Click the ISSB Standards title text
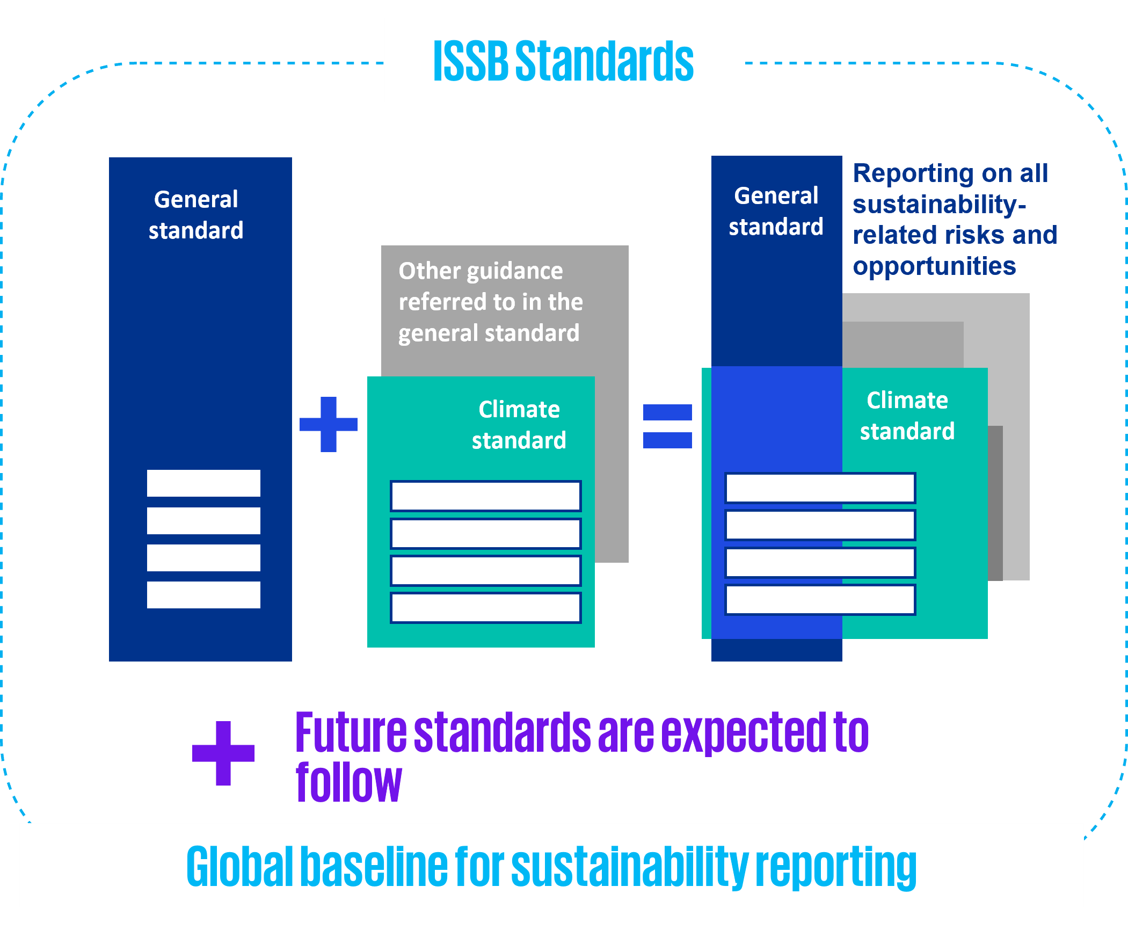point(563,61)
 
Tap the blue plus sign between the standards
point(329,424)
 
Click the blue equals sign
point(667,426)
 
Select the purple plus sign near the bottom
point(223,753)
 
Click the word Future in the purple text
point(351,733)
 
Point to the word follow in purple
point(348,782)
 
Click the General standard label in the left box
point(196,215)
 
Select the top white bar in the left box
point(203,483)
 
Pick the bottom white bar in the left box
point(203,595)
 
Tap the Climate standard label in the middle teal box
point(519,425)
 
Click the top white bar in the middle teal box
point(485,496)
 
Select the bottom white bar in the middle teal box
point(485,607)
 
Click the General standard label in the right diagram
point(776,211)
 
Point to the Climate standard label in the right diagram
point(907,416)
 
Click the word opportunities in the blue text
point(934,266)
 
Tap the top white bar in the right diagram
point(820,488)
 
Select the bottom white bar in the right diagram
point(820,599)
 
